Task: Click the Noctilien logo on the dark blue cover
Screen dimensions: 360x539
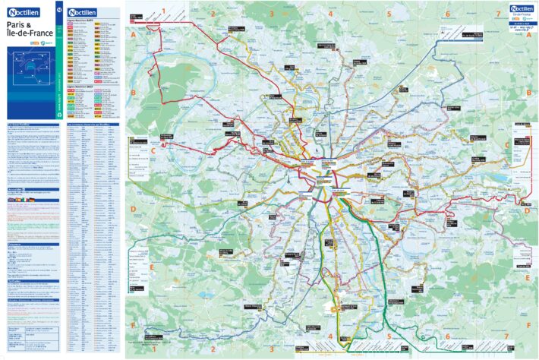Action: click(27, 12)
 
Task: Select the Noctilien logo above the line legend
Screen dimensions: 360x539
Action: click(83, 13)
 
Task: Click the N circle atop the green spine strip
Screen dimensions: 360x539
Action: click(60, 8)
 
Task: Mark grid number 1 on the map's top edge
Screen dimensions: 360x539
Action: click(163, 11)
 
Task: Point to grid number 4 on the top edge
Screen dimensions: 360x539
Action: click(330, 14)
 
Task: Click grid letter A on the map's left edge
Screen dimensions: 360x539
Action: click(133, 35)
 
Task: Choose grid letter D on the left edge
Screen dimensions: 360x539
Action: click(133, 209)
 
